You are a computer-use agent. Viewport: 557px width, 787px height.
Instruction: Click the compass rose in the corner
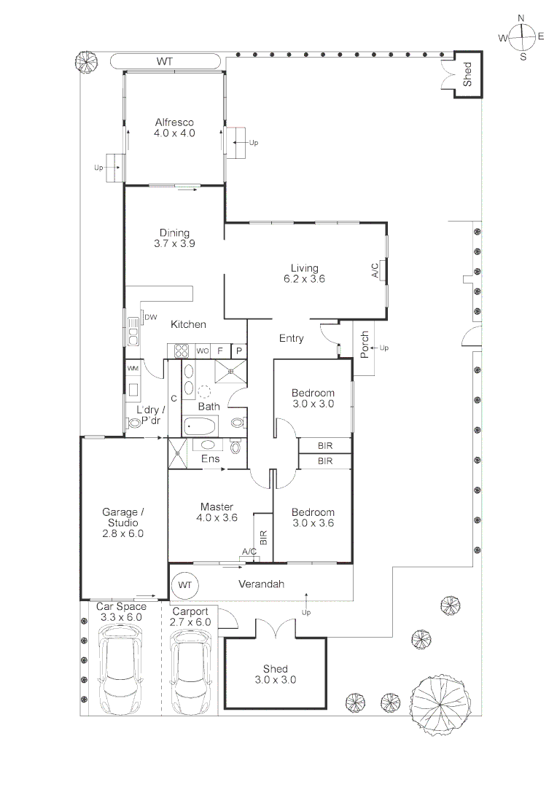coord(522,37)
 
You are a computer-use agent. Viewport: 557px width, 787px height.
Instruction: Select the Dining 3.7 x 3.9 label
coord(174,239)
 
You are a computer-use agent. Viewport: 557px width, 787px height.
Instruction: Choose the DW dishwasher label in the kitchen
coord(151,317)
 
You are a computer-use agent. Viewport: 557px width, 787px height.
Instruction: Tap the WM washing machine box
coord(133,369)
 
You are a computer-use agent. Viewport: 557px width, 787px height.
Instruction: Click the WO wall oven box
coord(203,351)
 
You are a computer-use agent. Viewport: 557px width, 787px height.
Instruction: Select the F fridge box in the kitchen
coord(220,351)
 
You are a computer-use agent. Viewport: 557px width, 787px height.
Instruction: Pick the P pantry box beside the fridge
coord(238,351)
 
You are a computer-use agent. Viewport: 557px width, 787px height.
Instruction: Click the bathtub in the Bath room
coord(200,426)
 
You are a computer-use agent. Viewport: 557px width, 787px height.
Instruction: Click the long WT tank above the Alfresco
coord(165,62)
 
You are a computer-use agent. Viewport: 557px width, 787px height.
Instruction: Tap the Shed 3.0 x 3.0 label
coord(275,674)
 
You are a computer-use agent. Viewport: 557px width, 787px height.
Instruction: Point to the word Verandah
coord(261,584)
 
